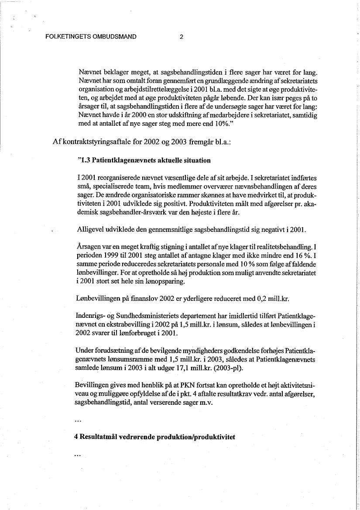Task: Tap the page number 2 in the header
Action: (181, 37)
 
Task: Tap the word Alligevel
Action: (91, 230)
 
